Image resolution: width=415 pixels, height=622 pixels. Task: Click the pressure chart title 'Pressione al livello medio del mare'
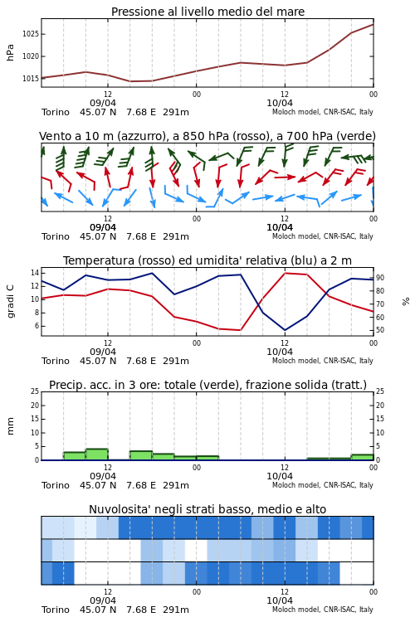[x=207, y=12]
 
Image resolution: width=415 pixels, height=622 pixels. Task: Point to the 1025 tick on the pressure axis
[x=31, y=34]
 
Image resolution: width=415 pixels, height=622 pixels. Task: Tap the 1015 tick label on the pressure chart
[x=31, y=79]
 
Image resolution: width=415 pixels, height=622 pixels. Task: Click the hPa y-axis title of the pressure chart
[x=10, y=53]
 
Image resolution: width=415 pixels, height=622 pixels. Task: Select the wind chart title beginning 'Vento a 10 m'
[x=207, y=136]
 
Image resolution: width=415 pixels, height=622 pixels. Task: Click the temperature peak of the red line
[x=285, y=273]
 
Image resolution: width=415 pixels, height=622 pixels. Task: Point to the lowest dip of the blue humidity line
[x=285, y=329]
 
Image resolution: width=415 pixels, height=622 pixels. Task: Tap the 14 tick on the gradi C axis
[x=35, y=273]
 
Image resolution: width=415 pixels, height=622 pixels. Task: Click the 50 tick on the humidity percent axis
[x=380, y=330]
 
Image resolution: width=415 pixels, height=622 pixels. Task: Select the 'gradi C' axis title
[x=11, y=301]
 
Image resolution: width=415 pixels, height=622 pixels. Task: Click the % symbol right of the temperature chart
[x=406, y=302]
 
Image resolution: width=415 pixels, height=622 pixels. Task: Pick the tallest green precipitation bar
[x=97, y=454]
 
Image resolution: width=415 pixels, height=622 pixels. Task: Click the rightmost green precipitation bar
[x=362, y=457]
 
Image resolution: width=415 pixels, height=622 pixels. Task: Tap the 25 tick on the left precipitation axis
[x=35, y=391]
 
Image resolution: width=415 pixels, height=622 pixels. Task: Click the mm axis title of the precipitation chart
[x=11, y=426]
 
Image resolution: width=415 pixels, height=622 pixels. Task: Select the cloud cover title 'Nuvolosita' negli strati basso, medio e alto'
[x=207, y=509]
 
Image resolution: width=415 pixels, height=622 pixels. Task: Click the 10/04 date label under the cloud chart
[x=280, y=600]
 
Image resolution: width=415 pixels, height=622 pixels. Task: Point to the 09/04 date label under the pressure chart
[x=103, y=103]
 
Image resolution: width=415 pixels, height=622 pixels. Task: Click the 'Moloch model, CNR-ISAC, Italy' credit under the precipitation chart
[x=323, y=485]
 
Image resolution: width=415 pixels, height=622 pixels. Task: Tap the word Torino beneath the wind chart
[x=56, y=236]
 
